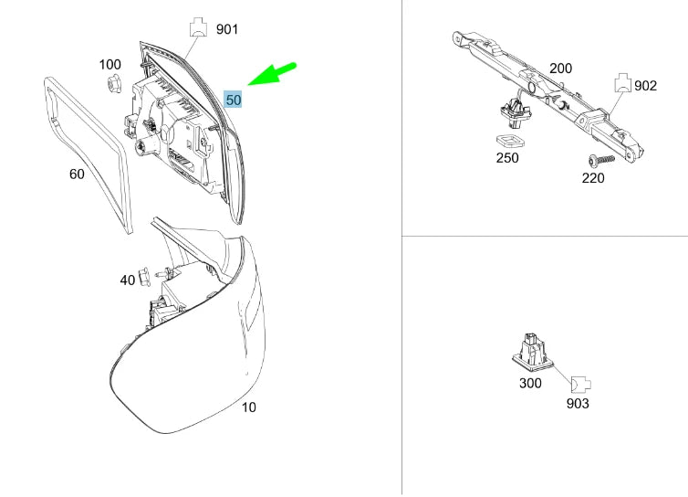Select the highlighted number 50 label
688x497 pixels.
pyautogui.click(x=234, y=99)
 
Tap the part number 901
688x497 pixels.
pyautogui.click(x=227, y=29)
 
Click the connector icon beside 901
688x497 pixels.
pyautogui.click(x=196, y=26)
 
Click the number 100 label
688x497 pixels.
pyautogui.click(x=109, y=65)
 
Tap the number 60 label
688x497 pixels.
pyautogui.click(x=78, y=173)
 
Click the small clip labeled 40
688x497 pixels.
pyautogui.click(x=146, y=276)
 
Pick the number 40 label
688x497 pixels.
pyautogui.click(x=128, y=280)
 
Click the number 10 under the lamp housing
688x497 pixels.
pyautogui.click(x=248, y=407)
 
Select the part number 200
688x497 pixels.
pyautogui.click(x=560, y=69)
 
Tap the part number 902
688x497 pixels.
pyautogui.click(x=645, y=86)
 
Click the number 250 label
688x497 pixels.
pyautogui.click(x=507, y=158)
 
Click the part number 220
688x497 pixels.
pyautogui.click(x=593, y=178)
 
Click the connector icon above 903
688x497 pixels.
pyautogui.click(x=579, y=384)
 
